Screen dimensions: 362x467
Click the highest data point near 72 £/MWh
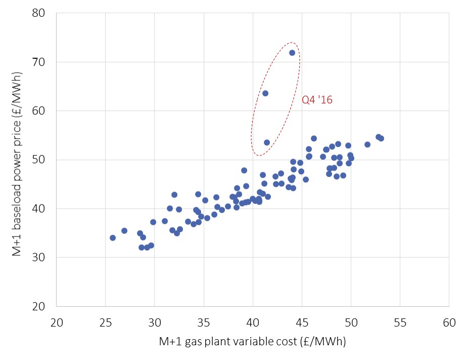292,53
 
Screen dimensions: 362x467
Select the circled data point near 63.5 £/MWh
265,93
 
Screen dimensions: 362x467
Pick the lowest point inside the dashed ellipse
267,142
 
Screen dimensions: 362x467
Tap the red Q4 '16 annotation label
317,100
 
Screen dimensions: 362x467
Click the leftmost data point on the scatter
113,237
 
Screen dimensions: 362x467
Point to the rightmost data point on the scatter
381,138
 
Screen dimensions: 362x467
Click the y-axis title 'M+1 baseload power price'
17,159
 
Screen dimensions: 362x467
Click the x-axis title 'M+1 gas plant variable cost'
252,342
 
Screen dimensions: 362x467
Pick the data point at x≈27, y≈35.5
124,230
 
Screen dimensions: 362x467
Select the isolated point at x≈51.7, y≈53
367,144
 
